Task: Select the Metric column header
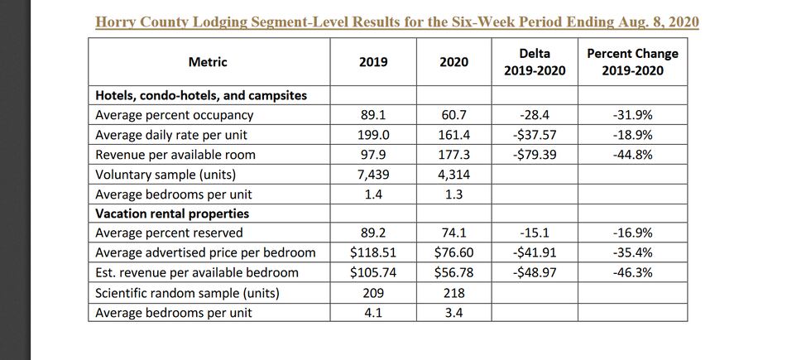208,62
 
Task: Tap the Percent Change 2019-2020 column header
631,62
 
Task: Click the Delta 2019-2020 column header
535,62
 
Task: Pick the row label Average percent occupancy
175,115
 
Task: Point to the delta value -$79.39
535,155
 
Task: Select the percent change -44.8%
632,155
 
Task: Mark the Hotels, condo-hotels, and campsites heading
201,95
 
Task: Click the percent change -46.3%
632,272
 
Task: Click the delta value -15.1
535,233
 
